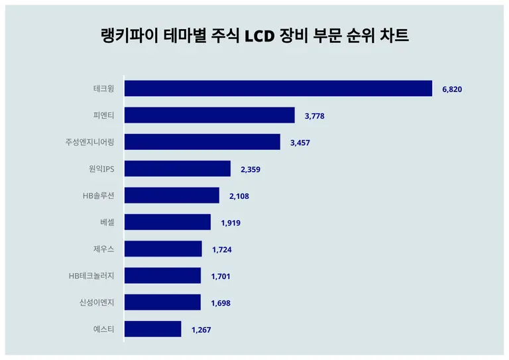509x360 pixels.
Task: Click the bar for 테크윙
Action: coord(278,89)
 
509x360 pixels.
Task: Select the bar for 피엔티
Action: coord(209,115)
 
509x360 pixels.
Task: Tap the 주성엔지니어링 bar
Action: coord(202,142)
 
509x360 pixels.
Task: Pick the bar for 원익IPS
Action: coord(178,169)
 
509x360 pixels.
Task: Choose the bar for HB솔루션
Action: coord(172,196)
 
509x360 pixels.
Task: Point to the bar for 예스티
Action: coord(152,329)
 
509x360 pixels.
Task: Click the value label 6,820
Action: coord(452,89)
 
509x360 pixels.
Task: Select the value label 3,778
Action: coord(315,116)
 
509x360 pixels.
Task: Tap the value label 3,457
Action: coord(300,143)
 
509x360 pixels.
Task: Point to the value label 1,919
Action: coord(231,223)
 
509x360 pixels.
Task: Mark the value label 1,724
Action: coord(222,249)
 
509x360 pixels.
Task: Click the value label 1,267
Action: coord(201,330)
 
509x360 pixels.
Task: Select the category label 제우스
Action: coord(103,249)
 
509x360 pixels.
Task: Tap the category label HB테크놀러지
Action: coord(91,276)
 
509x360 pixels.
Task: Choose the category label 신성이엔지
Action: coord(97,302)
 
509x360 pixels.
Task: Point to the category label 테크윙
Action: coord(103,89)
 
